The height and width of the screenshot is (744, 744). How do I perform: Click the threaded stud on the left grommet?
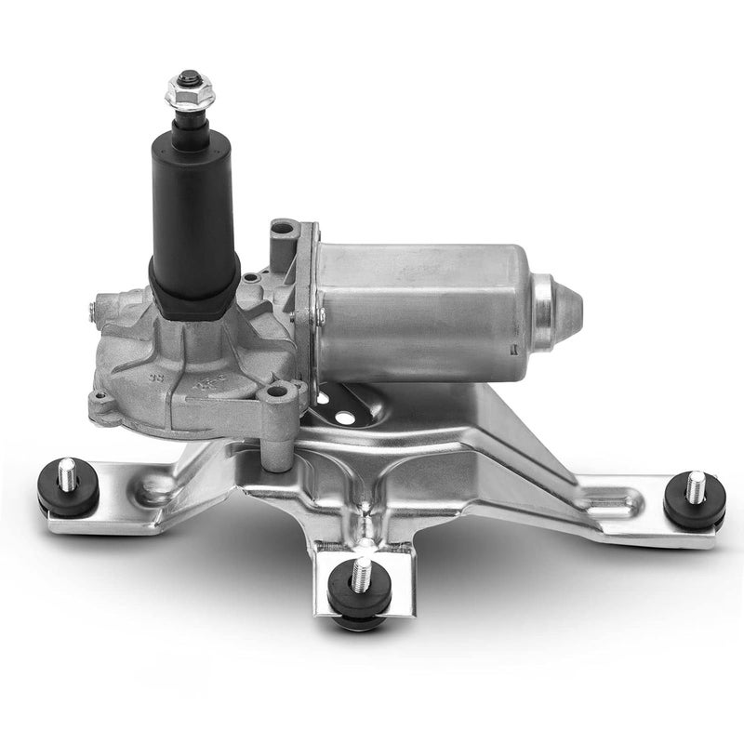67,475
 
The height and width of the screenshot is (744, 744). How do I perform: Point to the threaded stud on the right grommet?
696,485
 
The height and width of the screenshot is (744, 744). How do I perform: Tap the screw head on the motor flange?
320,317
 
